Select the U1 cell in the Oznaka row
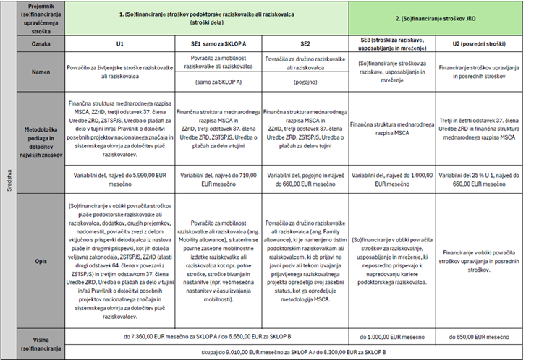[121, 43]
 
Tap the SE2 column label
[305, 43]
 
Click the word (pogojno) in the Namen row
[305, 82]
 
